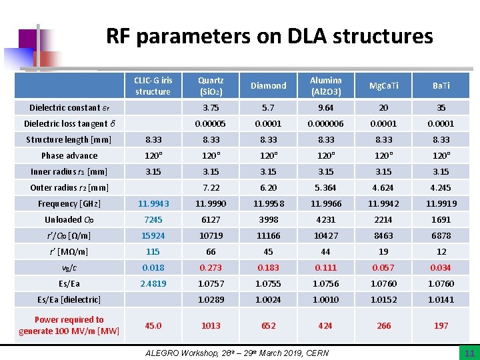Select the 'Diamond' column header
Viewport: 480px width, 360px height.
point(268,86)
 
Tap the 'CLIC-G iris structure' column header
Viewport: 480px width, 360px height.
point(153,86)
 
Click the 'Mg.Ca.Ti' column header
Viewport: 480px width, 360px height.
point(383,86)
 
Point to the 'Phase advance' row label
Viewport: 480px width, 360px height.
point(69,155)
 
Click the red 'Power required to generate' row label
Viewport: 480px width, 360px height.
point(69,325)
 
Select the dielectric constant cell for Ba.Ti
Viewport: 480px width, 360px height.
point(441,107)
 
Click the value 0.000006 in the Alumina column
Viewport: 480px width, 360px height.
point(325,123)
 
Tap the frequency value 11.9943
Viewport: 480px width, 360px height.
point(153,203)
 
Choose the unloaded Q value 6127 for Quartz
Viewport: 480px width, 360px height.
point(211,219)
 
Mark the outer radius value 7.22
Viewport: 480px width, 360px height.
point(211,187)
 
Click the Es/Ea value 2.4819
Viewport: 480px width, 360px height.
point(153,283)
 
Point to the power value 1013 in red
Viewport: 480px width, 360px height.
point(211,325)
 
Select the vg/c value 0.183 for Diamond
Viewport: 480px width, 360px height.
point(268,267)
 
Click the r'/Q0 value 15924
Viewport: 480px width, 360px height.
point(153,235)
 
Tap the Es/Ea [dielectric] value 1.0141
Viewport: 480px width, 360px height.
point(441,299)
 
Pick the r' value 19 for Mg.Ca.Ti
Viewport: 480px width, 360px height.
point(383,251)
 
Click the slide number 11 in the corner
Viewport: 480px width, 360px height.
point(469,353)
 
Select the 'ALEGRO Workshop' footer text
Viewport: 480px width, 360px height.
point(237,352)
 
